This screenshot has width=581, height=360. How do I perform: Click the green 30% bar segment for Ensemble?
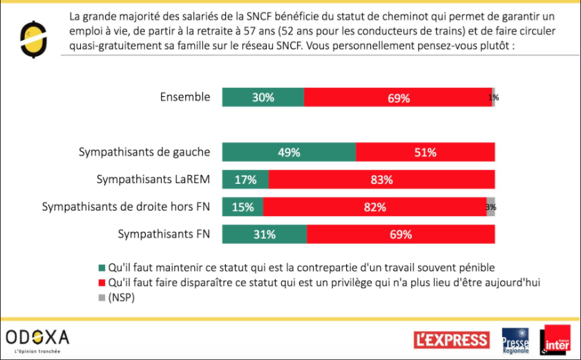click(263, 97)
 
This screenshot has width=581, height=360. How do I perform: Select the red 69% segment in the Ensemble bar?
click(398, 97)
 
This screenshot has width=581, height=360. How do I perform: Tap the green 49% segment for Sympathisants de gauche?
click(289, 152)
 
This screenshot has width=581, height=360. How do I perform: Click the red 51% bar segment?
click(426, 152)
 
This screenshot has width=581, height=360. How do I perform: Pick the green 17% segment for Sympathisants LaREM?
click(245, 180)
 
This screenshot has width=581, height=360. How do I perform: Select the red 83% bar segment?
click(381, 180)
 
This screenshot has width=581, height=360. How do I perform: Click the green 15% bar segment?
click(242, 207)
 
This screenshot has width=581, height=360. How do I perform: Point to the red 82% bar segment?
click(374, 207)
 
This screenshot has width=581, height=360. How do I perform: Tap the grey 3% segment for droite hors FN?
click(490, 207)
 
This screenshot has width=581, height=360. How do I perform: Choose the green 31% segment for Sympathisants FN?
click(265, 234)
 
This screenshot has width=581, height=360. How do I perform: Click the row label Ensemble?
click(184, 97)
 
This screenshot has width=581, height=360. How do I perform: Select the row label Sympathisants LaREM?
click(153, 179)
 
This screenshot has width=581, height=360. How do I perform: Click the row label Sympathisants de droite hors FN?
click(126, 207)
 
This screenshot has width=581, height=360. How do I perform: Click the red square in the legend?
click(103, 283)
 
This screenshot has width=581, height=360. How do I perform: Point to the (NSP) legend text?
click(122, 299)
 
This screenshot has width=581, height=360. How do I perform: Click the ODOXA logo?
click(38, 339)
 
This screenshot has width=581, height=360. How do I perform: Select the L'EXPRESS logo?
click(452, 340)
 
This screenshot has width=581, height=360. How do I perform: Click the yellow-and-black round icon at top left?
click(32, 39)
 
